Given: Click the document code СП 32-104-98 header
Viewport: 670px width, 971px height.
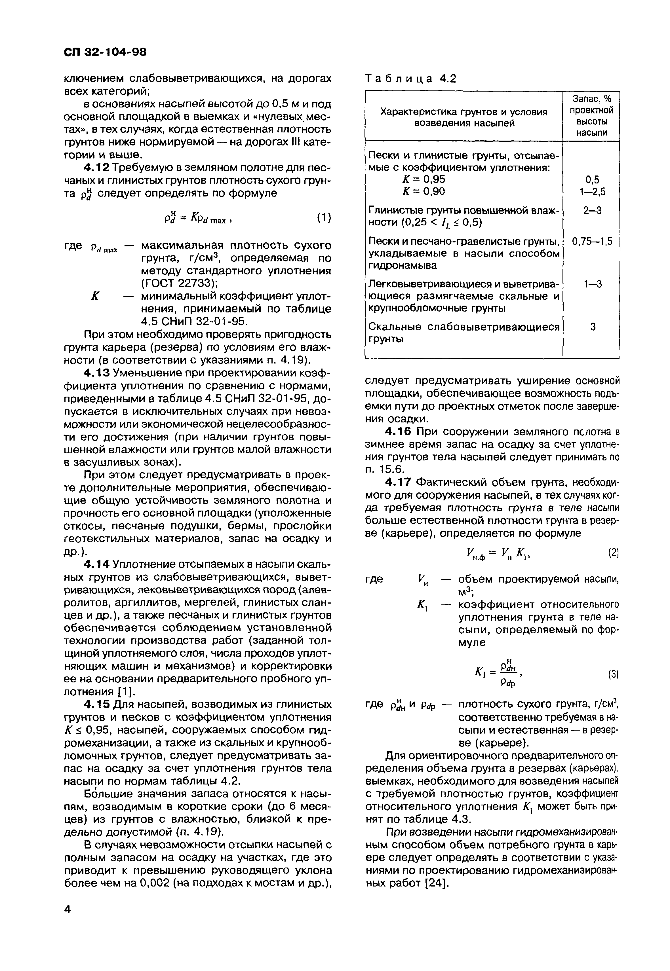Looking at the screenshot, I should tap(105, 52).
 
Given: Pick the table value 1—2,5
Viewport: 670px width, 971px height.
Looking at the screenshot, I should tap(592, 191).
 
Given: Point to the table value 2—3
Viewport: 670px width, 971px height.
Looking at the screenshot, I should tap(592, 210).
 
